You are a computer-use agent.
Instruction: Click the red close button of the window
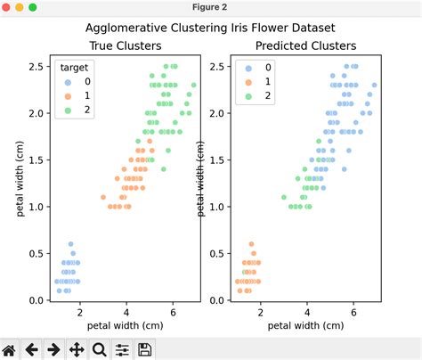point(7,7)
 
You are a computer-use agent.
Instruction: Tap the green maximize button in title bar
point(34,7)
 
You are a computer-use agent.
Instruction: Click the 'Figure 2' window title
point(211,7)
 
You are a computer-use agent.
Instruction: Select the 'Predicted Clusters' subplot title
point(305,45)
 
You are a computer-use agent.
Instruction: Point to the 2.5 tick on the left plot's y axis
point(36,67)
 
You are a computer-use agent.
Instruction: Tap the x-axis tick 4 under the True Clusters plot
point(126,313)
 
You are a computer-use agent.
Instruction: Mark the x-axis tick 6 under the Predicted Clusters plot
point(353,313)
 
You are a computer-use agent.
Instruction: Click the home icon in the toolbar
point(9,349)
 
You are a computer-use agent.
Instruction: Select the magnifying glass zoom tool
point(99,349)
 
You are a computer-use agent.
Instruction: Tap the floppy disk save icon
point(144,349)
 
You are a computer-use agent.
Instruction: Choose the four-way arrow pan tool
point(77,349)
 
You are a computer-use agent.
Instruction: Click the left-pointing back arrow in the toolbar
point(31,349)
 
